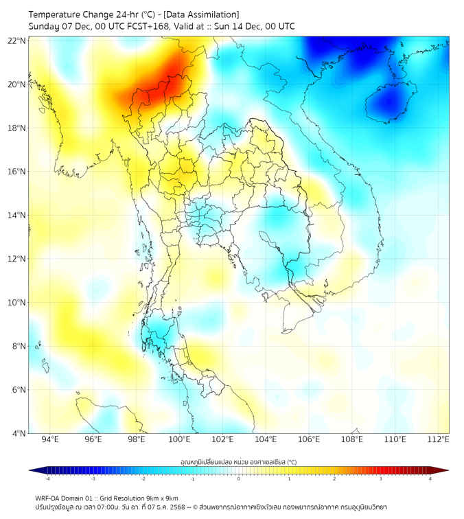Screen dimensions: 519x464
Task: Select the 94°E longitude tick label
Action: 50,439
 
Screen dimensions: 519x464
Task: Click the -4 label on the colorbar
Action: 47,478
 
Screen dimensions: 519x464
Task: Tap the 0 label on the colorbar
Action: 239,478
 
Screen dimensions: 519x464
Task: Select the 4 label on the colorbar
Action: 430,478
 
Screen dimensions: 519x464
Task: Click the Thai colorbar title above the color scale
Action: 238,461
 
